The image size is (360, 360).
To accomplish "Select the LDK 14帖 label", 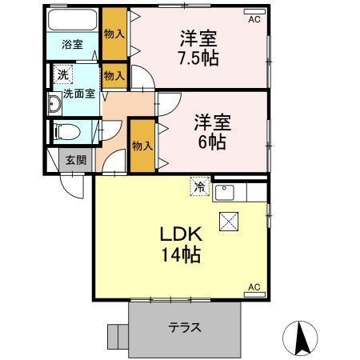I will click(180, 245).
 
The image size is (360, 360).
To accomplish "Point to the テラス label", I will click(184, 326).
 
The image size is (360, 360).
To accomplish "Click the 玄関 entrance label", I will click(76, 159).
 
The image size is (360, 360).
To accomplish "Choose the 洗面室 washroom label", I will click(78, 93).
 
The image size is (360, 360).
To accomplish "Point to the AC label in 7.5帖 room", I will click(254, 19).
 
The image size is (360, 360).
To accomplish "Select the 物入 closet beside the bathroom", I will click(114, 34).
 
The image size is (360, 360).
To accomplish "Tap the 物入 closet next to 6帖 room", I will click(141, 146).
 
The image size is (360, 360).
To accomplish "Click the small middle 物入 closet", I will click(114, 76).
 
